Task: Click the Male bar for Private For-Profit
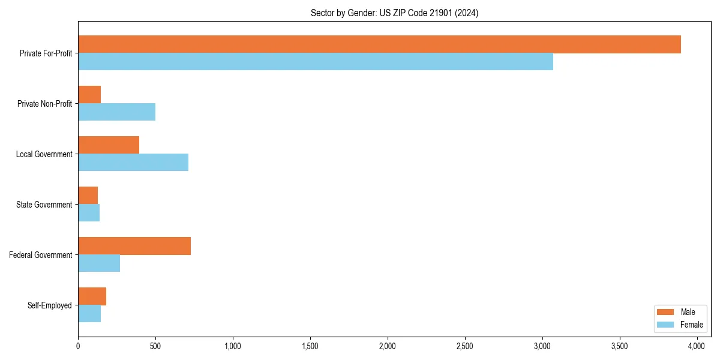coord(379,44)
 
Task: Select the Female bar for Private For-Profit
coord(316,62)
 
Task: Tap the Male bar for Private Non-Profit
coord(89,95)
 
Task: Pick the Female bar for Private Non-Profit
coord(116,112)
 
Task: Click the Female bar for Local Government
coord(133,163)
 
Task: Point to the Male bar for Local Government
coord(109,145)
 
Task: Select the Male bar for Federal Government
coord(134,246)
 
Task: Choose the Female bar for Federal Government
coord(99,263)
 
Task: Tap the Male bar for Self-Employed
coord(92,296)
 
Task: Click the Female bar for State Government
coord(89,213)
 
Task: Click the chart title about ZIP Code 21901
coord(394,13)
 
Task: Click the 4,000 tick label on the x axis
coord(697,346)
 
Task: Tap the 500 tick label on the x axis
coord(155,346)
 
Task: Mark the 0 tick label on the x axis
coord(78,346)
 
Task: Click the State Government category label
coord(44,205)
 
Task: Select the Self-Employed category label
coord(50,305)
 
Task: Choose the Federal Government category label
coord(41,255)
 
